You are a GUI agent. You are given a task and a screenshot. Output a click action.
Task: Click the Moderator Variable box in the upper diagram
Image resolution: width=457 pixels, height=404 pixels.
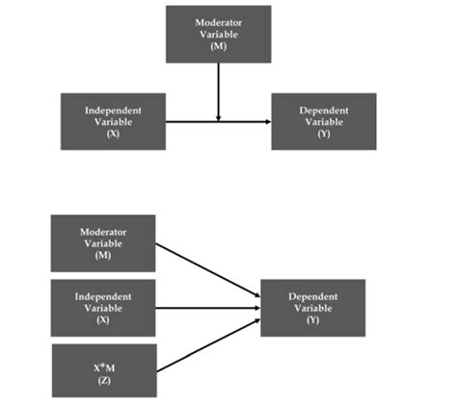tap(219, 34)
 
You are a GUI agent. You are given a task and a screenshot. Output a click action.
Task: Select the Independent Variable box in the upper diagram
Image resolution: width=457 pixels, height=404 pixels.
tap(114, 121)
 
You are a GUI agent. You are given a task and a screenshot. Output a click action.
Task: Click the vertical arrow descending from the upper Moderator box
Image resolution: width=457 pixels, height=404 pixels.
tap(219, 88)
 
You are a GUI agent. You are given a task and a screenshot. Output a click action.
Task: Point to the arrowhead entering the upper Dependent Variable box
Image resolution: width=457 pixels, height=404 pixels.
tap(267, 121)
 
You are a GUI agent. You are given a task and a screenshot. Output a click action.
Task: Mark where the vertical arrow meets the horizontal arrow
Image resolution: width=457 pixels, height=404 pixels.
tap(219, 121)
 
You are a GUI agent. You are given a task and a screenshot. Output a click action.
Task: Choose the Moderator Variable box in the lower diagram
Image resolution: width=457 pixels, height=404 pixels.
tap(103, 242)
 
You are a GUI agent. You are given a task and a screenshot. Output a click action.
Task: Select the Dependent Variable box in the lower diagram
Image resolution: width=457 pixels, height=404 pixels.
tap(313, 308)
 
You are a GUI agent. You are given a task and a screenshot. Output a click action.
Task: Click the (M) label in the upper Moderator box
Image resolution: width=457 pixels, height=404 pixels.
tap(219, 46)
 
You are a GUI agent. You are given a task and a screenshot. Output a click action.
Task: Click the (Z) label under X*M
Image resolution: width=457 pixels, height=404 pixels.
tap(103, 381)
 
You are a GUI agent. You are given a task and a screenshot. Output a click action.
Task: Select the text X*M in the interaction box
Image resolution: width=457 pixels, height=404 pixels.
tap(103, 366)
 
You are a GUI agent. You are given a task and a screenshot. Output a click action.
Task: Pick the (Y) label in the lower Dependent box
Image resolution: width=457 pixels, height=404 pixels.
tap(313, 320)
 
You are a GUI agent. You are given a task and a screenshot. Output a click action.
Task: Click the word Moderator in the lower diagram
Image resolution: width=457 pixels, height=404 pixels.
tap(103, 231)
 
